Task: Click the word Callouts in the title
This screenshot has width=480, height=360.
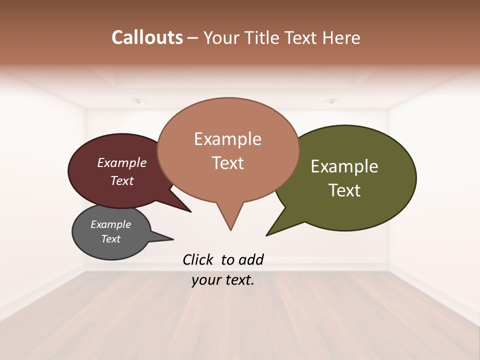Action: click(147, 37)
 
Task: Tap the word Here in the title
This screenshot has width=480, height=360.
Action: click(341, 37)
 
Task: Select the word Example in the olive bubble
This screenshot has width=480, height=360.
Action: click(344, 166)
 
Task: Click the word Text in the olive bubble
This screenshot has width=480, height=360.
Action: click(344, 190)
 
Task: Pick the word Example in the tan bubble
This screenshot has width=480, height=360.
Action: click(227, 139)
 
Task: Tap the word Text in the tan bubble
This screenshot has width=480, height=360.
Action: click(227, 162)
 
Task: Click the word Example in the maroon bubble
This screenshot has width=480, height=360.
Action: click(121, 162)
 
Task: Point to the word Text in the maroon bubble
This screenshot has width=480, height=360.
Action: click(121, 180)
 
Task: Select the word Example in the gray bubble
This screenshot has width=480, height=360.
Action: click(110, 224)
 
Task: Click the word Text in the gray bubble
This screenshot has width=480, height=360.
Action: click(110, 239)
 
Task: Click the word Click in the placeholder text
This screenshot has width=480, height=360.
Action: click(197, 259)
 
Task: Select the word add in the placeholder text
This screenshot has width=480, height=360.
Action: click(250, 259)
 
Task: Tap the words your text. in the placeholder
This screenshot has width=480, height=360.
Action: click(223, 280)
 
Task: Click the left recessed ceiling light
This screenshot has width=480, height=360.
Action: click(138, 101)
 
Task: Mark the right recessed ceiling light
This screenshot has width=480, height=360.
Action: click(331, 101)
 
